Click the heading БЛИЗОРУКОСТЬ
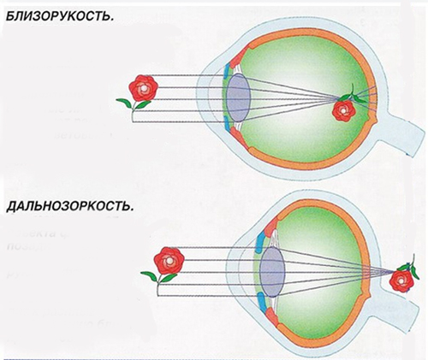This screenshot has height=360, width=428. (x=60, y=16)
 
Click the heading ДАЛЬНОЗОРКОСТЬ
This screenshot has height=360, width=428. (x=69, y=206)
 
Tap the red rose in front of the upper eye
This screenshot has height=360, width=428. (x=143, y=88)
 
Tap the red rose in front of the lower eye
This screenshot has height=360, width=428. (x=169, y=260)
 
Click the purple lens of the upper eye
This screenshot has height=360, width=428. (x=239, y=97)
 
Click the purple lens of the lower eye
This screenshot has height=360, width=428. (x=273, y=272)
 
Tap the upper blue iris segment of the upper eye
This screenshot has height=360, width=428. (x=227, y=71)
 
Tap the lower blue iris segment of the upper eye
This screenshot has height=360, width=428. (x=228, y=125)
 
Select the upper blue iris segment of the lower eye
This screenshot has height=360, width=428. (x=260, y=242)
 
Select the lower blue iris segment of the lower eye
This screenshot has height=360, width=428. (x=261, y=303)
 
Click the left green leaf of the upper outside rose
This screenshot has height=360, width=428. (x=125, y=103)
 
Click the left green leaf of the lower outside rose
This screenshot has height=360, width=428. (x=149, y=275)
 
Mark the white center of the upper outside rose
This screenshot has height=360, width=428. (x=144, y=89)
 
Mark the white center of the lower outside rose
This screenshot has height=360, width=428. (x=169, y=261)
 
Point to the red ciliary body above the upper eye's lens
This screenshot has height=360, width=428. (x=235, y=59)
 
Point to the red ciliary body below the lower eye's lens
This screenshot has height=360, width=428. (x=271, y=316)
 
